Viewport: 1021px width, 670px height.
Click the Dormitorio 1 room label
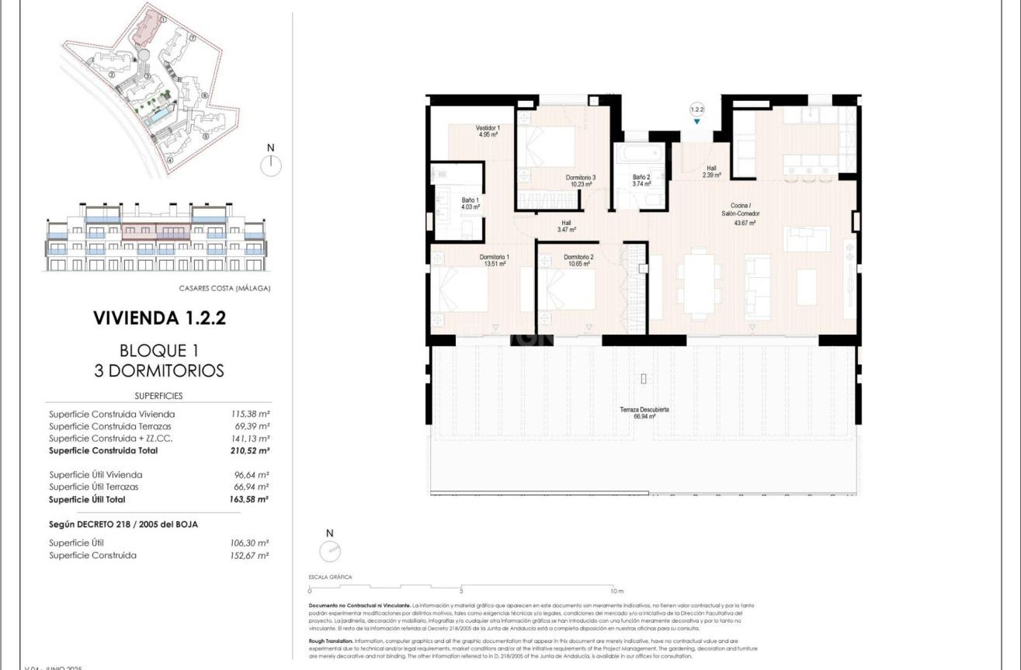point(494,260)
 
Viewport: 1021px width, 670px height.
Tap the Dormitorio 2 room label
point(578,260)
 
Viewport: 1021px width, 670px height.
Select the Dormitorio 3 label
point(580,181)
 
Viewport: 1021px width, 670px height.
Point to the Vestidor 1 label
point(488,130)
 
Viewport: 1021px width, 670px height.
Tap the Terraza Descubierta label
point(644,412)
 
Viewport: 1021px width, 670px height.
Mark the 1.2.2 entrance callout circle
point(696,110)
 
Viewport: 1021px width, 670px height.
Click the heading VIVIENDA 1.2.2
point(159,318)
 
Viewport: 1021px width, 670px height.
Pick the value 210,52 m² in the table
point(245,450)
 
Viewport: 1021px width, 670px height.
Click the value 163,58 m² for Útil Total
point(245,500)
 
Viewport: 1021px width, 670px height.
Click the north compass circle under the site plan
point(271,165)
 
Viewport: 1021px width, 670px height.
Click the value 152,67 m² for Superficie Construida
point(245,556)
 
